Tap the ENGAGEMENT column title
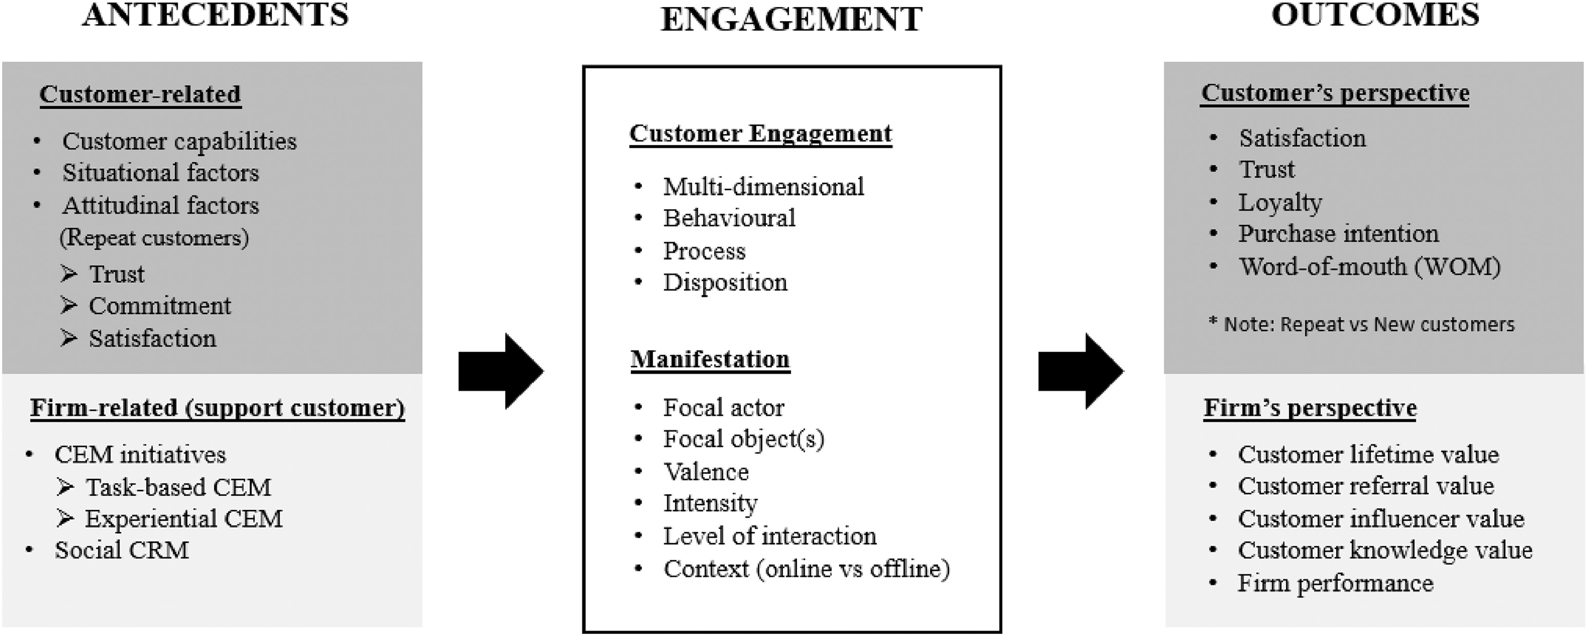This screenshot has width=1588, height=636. click(791, 18)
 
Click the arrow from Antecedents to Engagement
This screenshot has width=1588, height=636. click(501, 371)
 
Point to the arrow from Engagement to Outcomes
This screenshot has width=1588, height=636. click(1081, 371)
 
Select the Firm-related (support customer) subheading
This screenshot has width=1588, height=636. click(218, 408)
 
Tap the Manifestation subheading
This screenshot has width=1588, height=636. click(710, 359)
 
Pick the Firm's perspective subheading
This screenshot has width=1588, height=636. click(1310, 408)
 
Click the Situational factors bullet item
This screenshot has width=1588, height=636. click(160, 172)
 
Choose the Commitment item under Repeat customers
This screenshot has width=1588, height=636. click(160, 305)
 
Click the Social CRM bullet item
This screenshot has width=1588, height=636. click(121, 550)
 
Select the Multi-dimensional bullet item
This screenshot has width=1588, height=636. click(763, 187)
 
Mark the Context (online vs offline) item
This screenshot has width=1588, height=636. click(806, 569)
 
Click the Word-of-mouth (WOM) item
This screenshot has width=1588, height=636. click(1370, 267)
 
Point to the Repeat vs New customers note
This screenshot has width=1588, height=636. click(1362, 324)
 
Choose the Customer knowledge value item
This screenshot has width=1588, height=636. click(1385, 550)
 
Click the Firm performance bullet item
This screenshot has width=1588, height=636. click(1335, 583)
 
